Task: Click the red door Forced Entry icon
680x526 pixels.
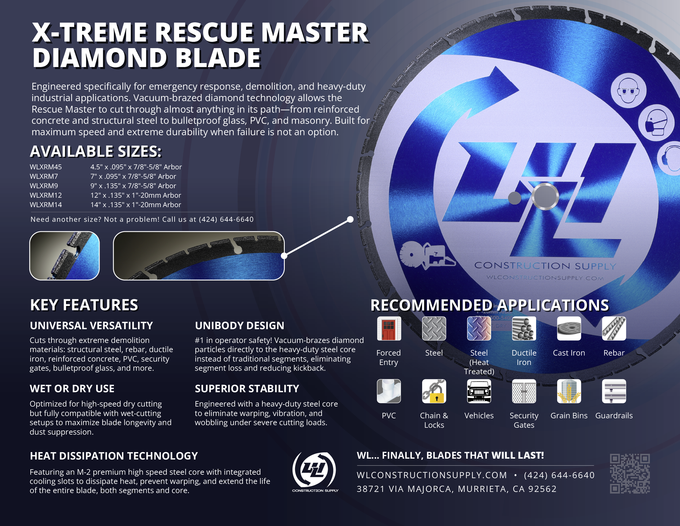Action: coord(389,328)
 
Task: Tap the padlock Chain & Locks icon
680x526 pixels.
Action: coord(434,391)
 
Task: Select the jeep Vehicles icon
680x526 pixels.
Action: coord(479,391)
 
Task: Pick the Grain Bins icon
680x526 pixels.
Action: coord(569,391)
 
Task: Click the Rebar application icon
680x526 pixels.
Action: coord(614,328)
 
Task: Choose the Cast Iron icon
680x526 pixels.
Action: coord(569,328)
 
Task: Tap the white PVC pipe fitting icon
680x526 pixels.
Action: coord(389,391)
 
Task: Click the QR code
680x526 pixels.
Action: coord(630,473)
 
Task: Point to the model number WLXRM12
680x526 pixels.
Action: coord(46,195)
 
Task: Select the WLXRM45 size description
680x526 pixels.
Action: coord(136,167)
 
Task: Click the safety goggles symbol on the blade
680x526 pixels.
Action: coord(628,90)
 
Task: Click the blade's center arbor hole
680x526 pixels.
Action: coord(545,196)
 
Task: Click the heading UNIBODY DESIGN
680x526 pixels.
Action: coord(240,326)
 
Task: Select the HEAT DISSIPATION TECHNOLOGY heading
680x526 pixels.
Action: coord(114,456)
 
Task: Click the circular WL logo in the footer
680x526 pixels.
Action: coord(315,470)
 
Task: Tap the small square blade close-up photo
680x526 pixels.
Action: coord(64,256)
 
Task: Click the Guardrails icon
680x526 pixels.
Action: coord(614,391)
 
